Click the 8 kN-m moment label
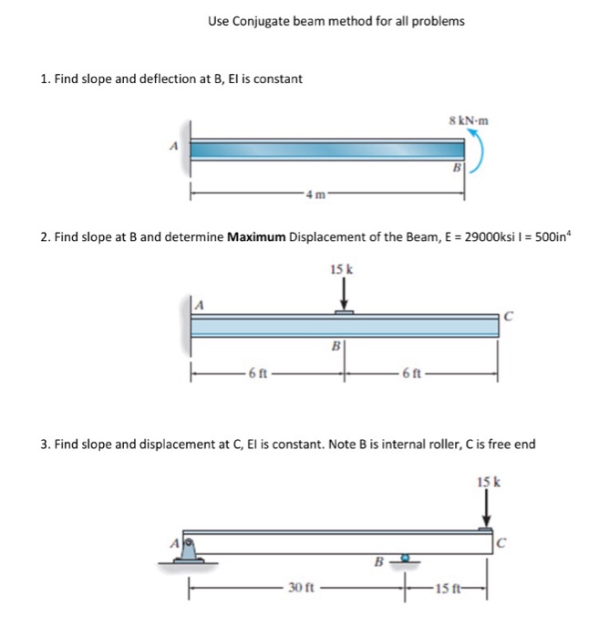pyautogui.click(x=469, y=120)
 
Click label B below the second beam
pyautogui.click(x=336, y=346)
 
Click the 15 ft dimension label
pyautogui.click(x=449, y=588)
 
